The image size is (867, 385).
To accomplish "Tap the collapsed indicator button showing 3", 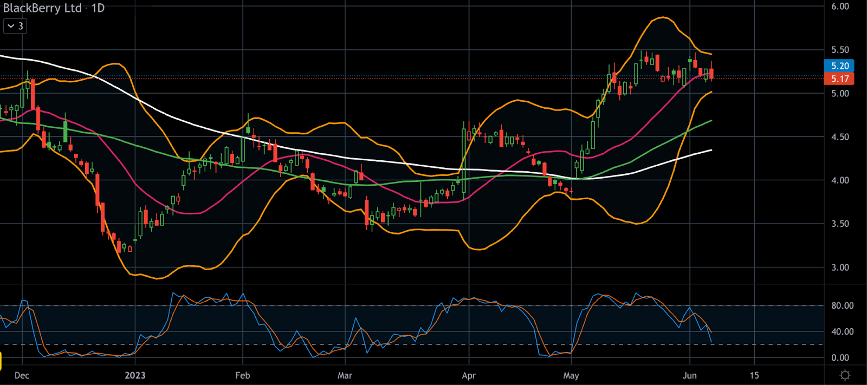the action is coord(15,26).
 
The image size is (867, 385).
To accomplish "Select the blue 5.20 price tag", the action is coord(839,66).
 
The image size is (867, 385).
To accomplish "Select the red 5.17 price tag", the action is coord(839,79).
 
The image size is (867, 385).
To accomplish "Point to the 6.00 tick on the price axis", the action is coord(840,6).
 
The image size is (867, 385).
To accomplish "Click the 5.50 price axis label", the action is coord(840,50).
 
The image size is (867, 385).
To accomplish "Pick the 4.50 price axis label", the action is coord(840,137).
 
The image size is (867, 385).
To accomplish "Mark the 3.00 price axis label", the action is coord(840,267).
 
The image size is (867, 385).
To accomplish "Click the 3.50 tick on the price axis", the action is coord(840,224).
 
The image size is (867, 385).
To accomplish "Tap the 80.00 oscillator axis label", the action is coord(842,306).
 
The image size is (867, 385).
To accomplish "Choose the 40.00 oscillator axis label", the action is coord(842,331).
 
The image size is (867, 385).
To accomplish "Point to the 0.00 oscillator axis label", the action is coord(840,357).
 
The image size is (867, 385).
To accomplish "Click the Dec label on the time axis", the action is coord(22,375).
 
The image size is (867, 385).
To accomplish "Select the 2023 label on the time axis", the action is coord(135,375).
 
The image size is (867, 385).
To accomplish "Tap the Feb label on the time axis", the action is coord(243,375).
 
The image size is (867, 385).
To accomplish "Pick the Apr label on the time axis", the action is coord(469,375).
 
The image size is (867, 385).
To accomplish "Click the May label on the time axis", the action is coord(571,375).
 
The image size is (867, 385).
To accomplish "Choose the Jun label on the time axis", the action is coord(690,375).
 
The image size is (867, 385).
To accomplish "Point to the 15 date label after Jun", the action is coord(754,375).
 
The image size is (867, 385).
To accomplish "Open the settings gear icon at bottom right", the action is coord(845,375).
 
